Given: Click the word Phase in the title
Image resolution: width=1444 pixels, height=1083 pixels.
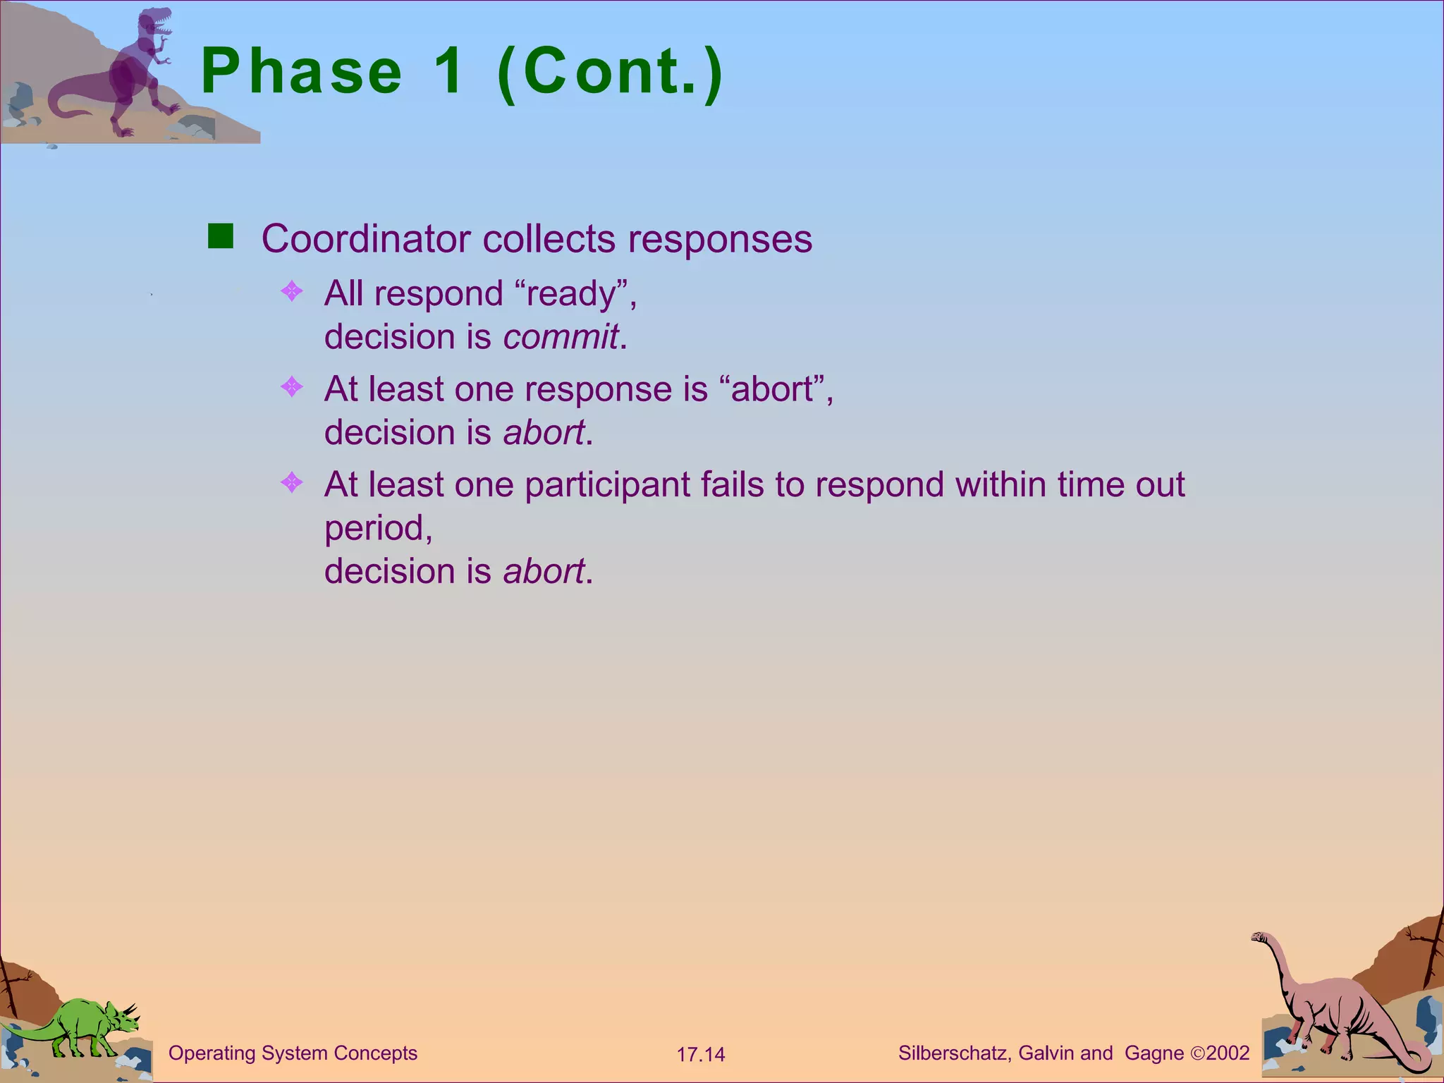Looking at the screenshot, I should point(302,72).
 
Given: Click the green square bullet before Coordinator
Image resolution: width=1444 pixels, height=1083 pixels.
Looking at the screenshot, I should point(221,236).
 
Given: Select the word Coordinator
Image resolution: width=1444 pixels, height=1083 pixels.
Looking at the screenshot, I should point(366,239).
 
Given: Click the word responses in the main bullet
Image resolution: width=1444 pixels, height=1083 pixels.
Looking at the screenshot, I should point(720,239).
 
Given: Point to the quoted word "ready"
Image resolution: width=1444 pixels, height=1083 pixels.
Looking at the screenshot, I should point(571,293).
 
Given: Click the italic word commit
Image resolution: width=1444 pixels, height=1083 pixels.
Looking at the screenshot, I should point(561,337).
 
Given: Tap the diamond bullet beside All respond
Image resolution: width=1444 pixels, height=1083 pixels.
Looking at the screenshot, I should point(292,291).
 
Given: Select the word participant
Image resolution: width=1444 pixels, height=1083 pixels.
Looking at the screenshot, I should point(607,485).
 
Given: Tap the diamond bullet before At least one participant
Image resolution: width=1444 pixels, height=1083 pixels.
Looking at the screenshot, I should point(292,483).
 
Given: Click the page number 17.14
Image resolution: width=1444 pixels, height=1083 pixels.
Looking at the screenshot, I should point(701,1055).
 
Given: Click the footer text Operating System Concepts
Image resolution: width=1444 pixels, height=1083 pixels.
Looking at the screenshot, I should point(293,1053).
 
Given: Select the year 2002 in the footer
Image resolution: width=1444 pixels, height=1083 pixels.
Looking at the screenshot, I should point(1228,1053).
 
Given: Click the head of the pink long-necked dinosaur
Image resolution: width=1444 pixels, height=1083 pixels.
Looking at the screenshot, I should point(1261,937).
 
